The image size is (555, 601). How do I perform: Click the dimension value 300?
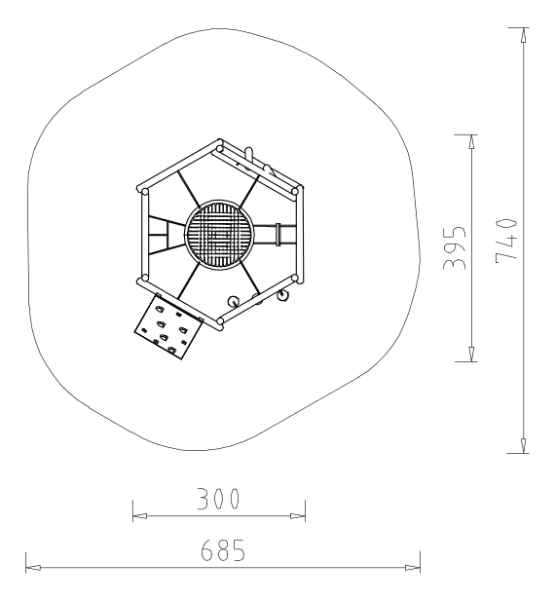(218, 499)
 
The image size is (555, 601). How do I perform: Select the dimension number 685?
(223, 550)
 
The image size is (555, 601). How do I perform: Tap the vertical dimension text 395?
(455, 247)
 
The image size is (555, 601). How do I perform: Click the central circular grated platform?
(219, 234)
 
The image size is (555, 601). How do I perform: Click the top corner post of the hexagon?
(219, 149)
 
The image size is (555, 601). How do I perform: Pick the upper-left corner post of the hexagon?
(145, 191)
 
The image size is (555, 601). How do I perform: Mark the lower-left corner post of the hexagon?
(145, 278)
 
